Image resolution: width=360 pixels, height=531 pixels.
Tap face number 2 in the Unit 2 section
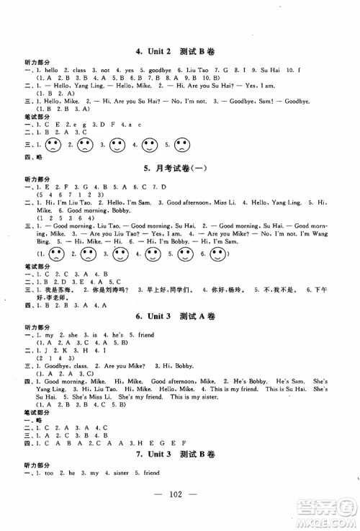click(85, 145)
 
